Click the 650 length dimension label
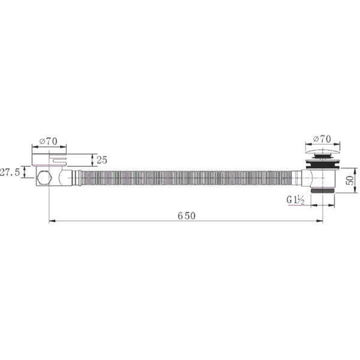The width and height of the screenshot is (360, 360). point(186,216)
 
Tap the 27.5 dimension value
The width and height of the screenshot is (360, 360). point(10,172)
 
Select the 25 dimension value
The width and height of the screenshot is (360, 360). point(102,160)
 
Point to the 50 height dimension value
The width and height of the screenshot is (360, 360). point(350,180)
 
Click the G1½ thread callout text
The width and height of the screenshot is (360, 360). point(295,200)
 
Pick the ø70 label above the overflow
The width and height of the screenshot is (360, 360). point(48,141)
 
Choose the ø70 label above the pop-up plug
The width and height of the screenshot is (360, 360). point(322,139)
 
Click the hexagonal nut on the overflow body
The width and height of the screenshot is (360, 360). point(44,178)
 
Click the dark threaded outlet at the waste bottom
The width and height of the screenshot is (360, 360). point(322,191)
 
